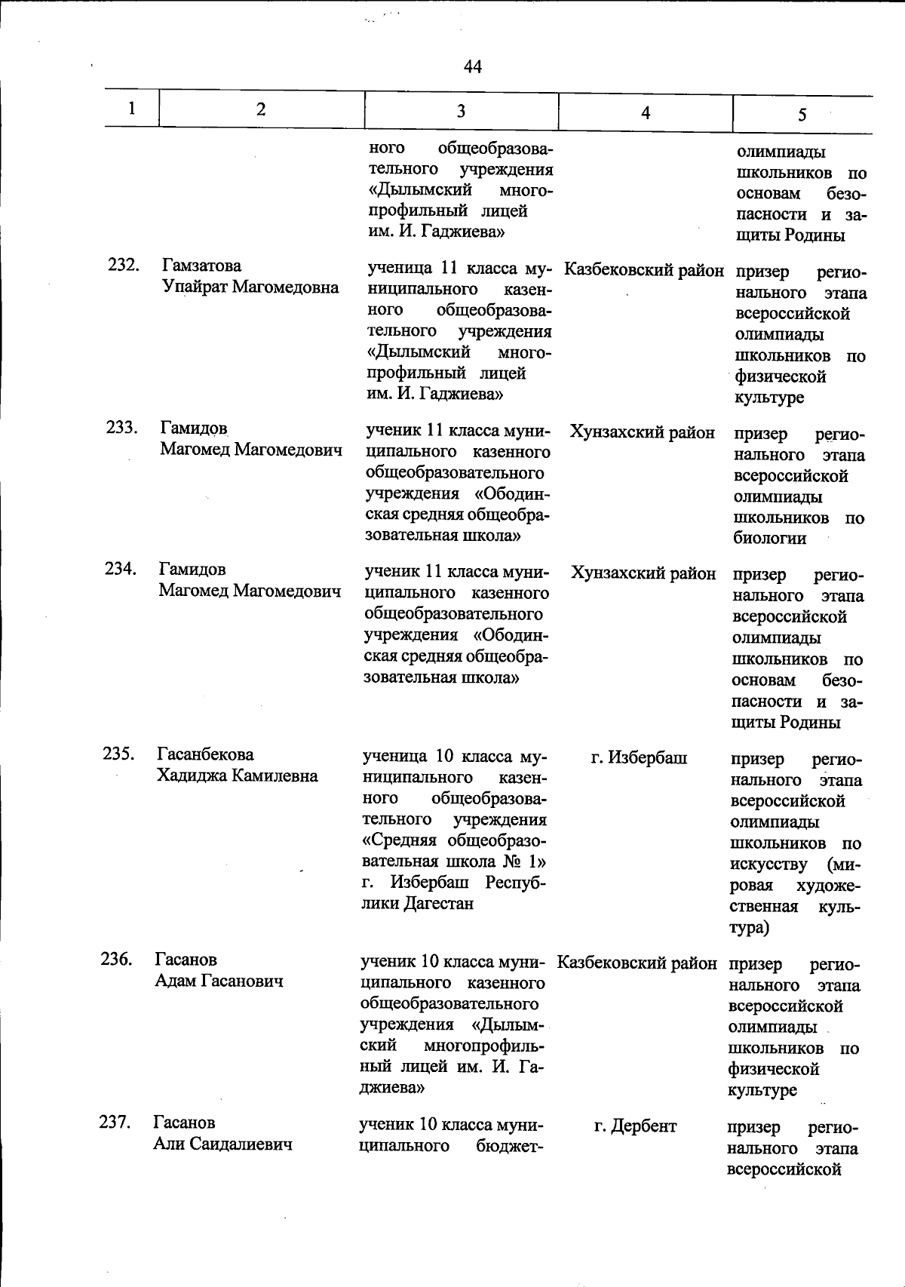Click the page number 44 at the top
point(473,67)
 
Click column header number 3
point(461,112)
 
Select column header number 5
point(802,115)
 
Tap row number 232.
point(122,266)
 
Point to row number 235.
point(118,754)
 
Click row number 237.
point(115,1122)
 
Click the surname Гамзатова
point(201,266)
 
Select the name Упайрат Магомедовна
point(250,287)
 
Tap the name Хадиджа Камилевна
point(238,776)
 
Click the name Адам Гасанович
point(219,981)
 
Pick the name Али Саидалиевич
point(222,1144)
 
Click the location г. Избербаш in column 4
point(639,757)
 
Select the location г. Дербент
point(635,1126)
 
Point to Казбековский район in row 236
point(637,963)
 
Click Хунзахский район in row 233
point(643,432)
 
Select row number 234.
point(120,569)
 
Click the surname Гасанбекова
point(205,754)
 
